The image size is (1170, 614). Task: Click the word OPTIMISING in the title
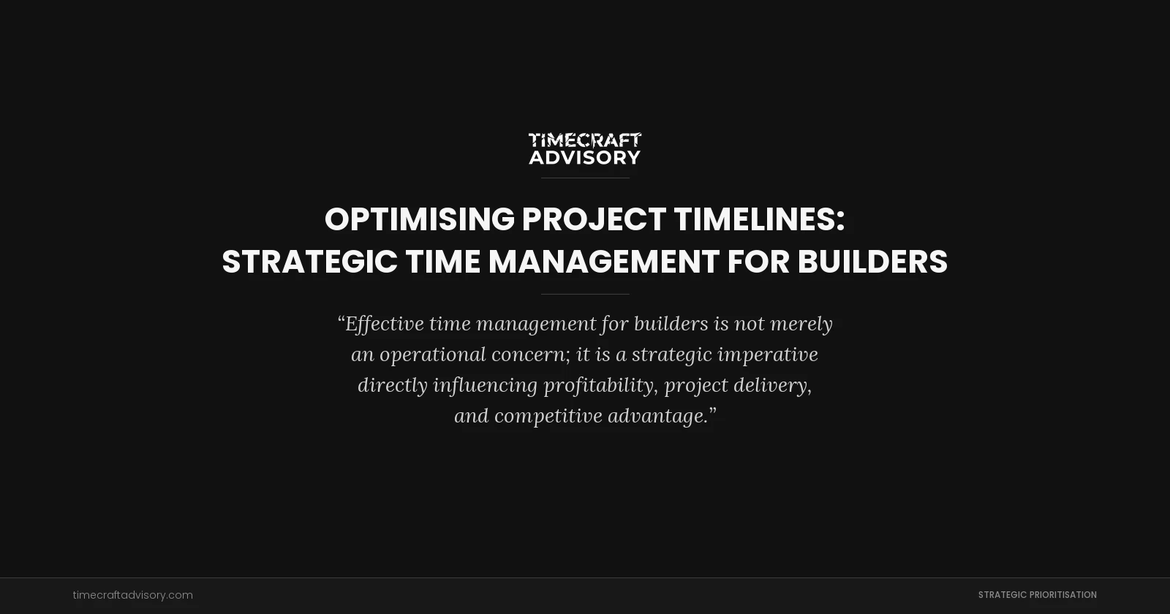tap(419, 219)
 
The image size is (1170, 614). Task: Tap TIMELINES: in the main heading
tap(759, 219)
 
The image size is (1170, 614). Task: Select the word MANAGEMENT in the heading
tap(603, 262)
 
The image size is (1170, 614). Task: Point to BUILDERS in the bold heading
tap(872, 262)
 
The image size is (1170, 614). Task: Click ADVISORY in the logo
tap(584, 157)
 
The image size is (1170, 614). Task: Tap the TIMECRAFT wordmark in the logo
tap(584, 139)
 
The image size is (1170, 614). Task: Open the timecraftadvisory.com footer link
tap(132, 595)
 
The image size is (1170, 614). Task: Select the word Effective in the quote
tap(385, 323)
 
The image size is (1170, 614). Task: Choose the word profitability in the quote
tap(598, 385)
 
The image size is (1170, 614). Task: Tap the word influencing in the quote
tap(485, 385)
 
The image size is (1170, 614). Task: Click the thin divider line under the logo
tap(584, 178)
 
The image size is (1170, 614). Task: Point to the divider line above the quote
tap(584, 294)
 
